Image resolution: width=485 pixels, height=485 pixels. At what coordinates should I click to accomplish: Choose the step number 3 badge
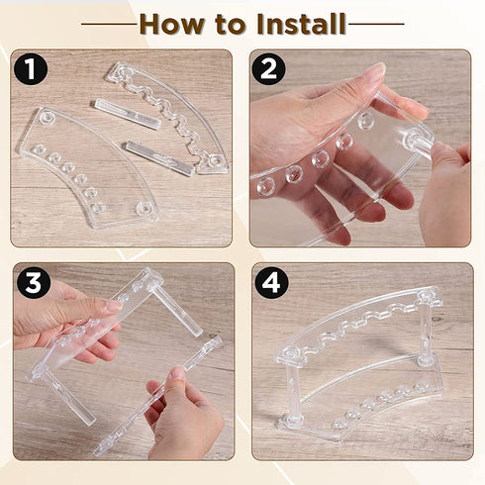(33, 283)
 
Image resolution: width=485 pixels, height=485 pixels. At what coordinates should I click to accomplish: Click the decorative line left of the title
(109, 23)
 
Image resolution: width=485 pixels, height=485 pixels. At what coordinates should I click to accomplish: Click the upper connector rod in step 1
(127, 114)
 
